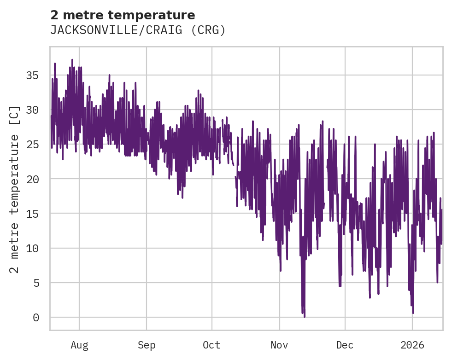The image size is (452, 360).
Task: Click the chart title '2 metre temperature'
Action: (x=123, y=15)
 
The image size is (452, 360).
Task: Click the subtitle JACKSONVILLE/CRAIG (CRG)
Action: (x=138, y=30)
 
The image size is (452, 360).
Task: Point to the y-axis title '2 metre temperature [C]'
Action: (x=15, y=189)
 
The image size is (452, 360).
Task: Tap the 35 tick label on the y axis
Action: (x=32, y=75)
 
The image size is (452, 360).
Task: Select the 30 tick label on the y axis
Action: (x=32, y=110)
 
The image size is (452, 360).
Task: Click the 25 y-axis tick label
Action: (x=32, y=145)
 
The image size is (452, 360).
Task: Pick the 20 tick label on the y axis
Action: (x=32, y=179)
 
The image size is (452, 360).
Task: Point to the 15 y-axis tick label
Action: (x=32, y=214)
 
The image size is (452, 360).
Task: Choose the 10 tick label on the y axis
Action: (x=32, y=248)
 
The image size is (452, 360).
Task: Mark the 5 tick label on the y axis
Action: (x=35, y=283)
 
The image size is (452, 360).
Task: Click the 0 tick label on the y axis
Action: (x=35, y=318)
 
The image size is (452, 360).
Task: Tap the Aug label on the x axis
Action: (x=79, y=345)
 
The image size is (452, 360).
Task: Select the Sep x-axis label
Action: (x=147, y=345)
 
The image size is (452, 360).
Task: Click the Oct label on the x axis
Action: (x=212, y=345)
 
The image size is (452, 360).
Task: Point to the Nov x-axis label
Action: (x=279, y=345)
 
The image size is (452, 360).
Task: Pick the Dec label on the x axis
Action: (x=345, y=345)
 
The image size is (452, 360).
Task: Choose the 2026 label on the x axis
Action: (x=412, y=345)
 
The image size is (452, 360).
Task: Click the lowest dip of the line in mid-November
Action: (x=304, y=317)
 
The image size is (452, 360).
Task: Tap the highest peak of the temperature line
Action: (x=72, y=60)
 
